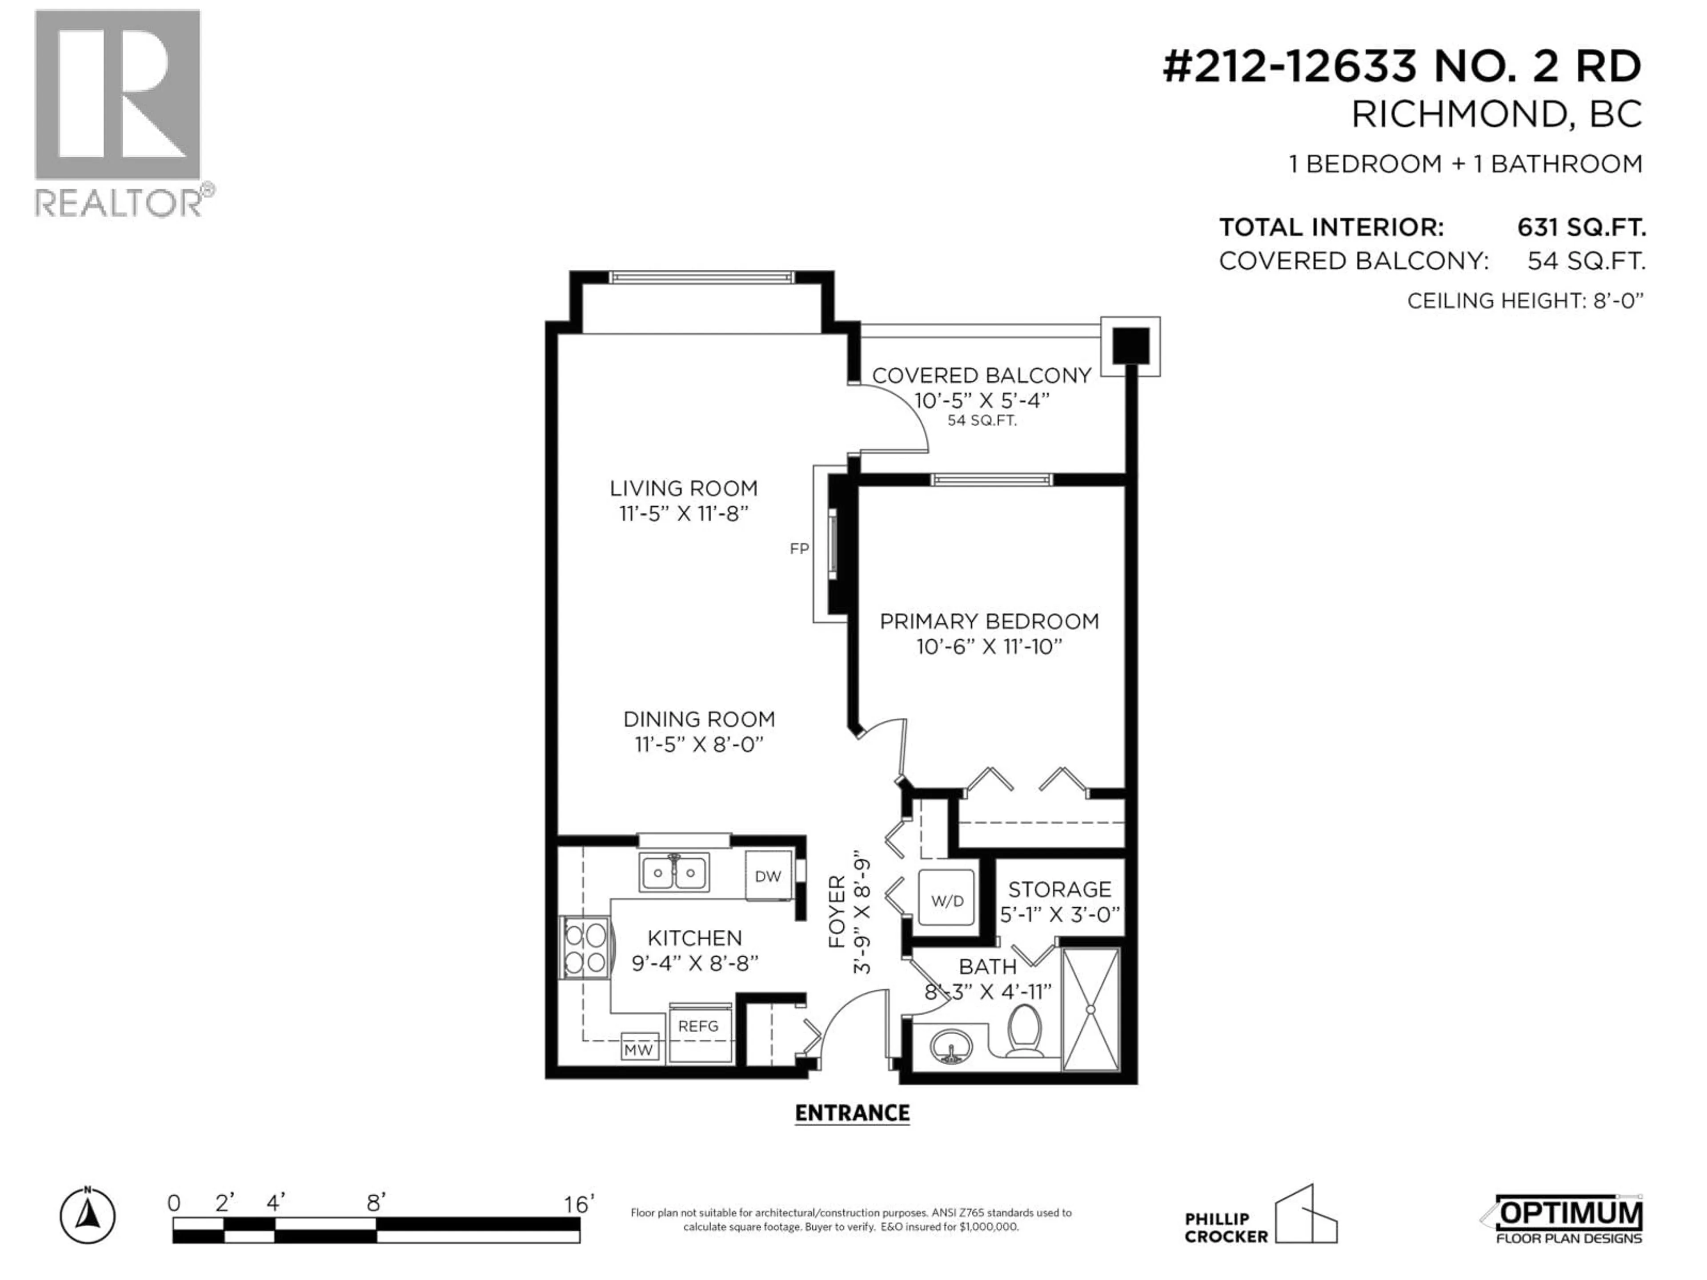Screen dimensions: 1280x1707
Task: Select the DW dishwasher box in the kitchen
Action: pyautogui.click(x=768, y=876)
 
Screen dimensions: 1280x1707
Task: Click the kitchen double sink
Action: pyautogui.click(x=674, y=872)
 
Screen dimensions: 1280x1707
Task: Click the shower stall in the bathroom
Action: pyautogui.click(x=1090, y=1009)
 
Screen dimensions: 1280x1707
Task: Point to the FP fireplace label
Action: pyautogui.click(x=799, y=548)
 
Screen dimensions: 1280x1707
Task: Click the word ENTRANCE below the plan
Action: pyautogui.click(x=852, y=1112)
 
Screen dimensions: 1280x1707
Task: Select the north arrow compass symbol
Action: pyautogui.click(x=88, y=1217)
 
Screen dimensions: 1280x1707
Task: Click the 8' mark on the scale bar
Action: pyautogui.click(x=376, y=1203)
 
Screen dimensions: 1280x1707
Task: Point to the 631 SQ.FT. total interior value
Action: pyautogui.click(x=1581, y=228)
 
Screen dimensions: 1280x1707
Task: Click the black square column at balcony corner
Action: pyautogui.click(x=1130, y=346)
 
